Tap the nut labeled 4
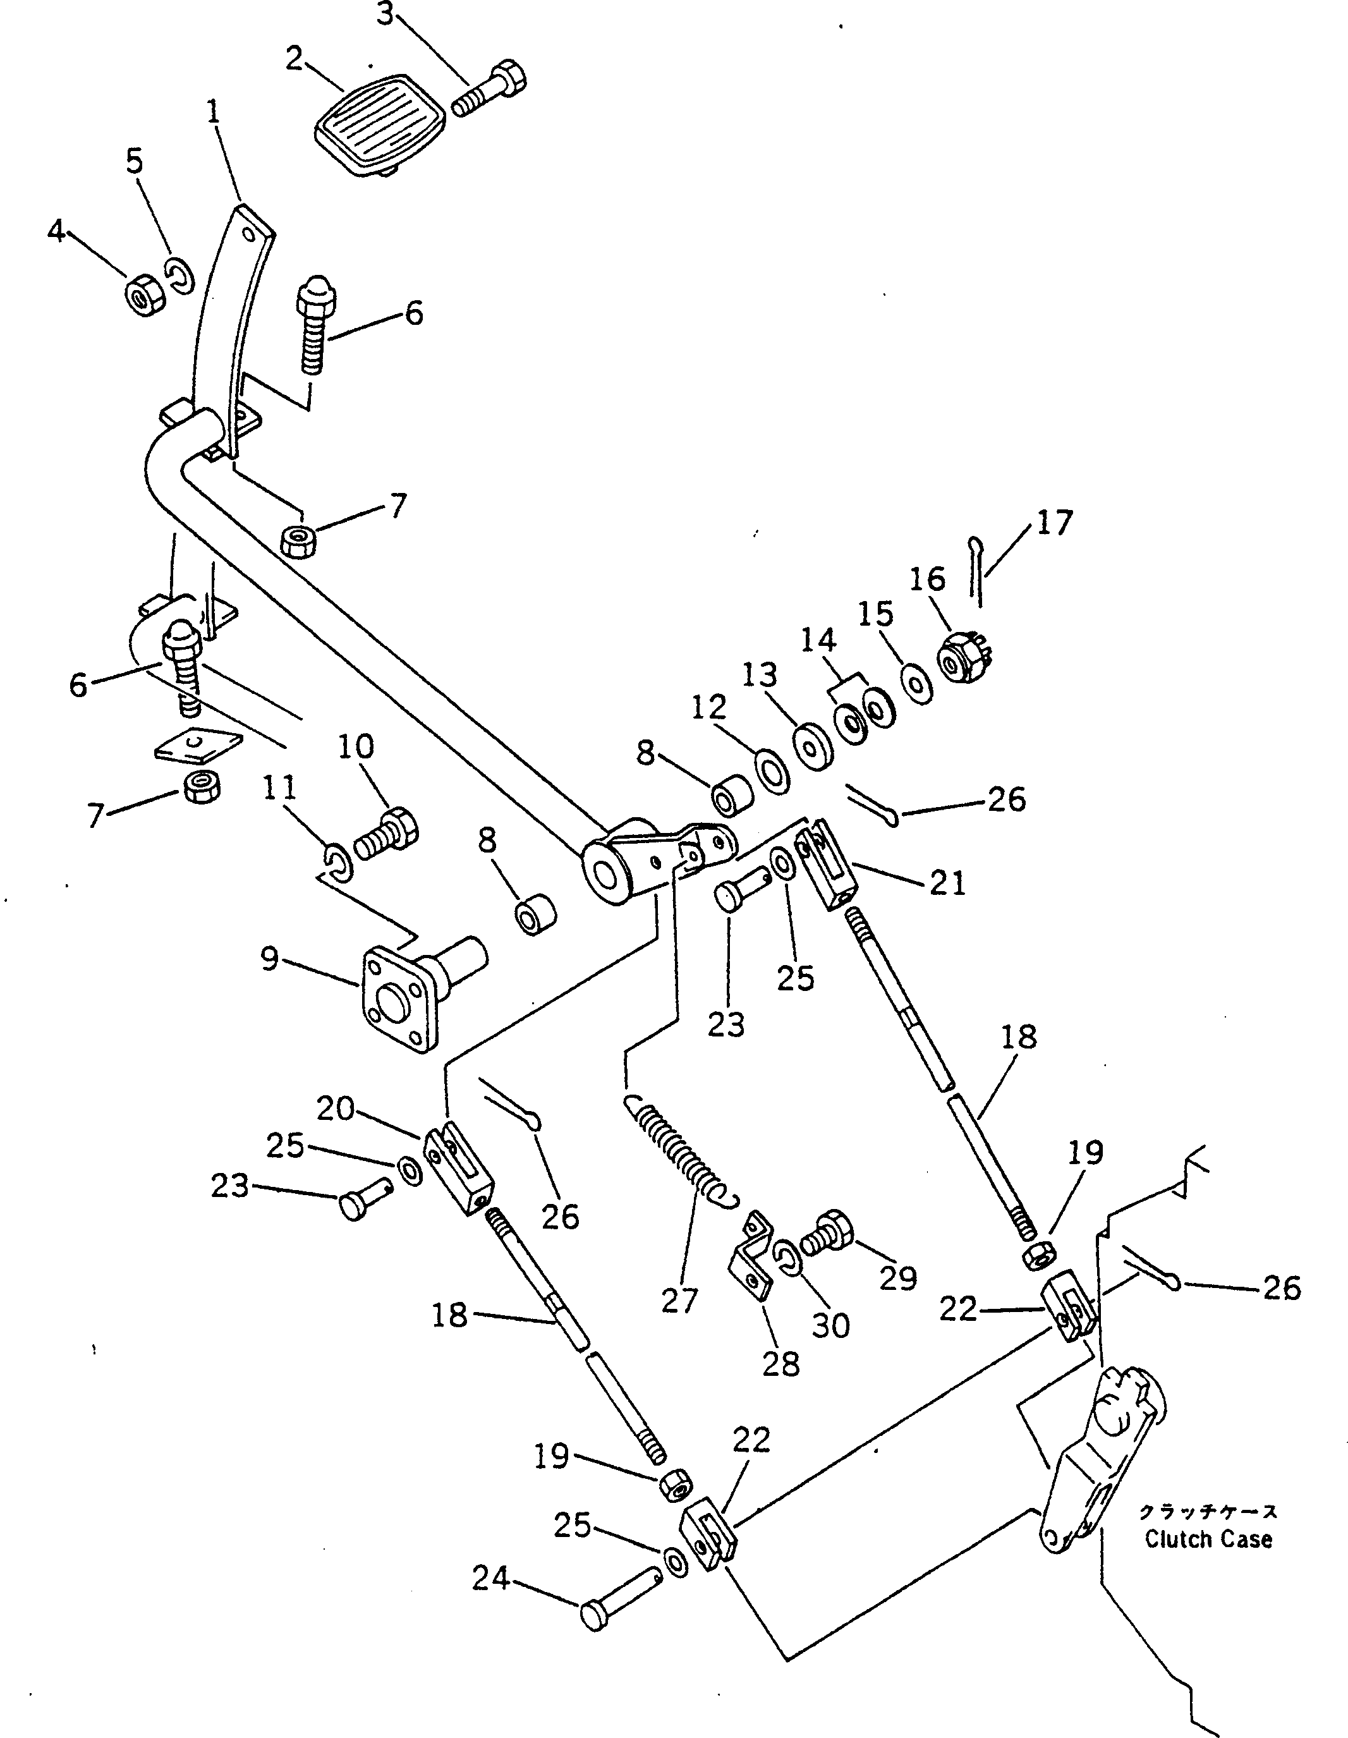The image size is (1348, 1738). tap(144, 296)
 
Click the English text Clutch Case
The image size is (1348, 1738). tap(1208, 1539)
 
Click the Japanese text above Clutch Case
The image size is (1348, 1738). tap(1208, 1511)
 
